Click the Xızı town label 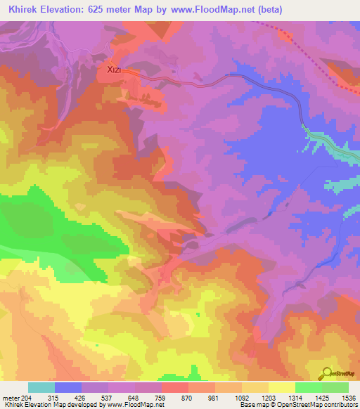point(115,70)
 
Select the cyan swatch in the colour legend point(41,387)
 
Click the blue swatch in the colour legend point(68,387)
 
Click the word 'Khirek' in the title point(22,9)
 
